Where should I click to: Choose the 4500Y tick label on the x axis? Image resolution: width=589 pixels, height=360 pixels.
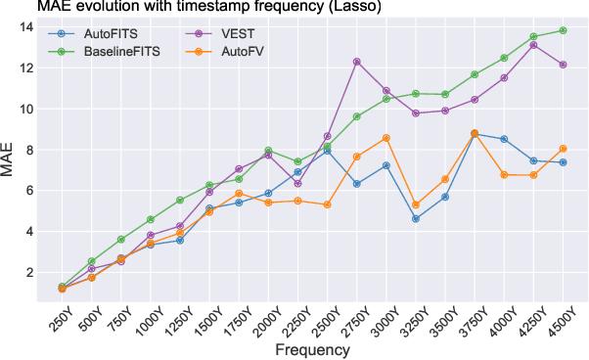pos(557,318)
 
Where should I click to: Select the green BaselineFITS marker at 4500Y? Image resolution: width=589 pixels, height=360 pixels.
pos(563,30)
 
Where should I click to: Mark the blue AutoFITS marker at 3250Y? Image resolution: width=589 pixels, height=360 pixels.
pos(416,219)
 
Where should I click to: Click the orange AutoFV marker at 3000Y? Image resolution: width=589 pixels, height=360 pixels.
pos(386,138)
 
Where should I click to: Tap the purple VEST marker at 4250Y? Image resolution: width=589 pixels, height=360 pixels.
pos(533,45)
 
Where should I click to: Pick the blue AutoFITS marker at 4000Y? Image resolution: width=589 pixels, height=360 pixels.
pos(504,139)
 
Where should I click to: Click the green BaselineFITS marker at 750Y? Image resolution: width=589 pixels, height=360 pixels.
pos(120,240)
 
